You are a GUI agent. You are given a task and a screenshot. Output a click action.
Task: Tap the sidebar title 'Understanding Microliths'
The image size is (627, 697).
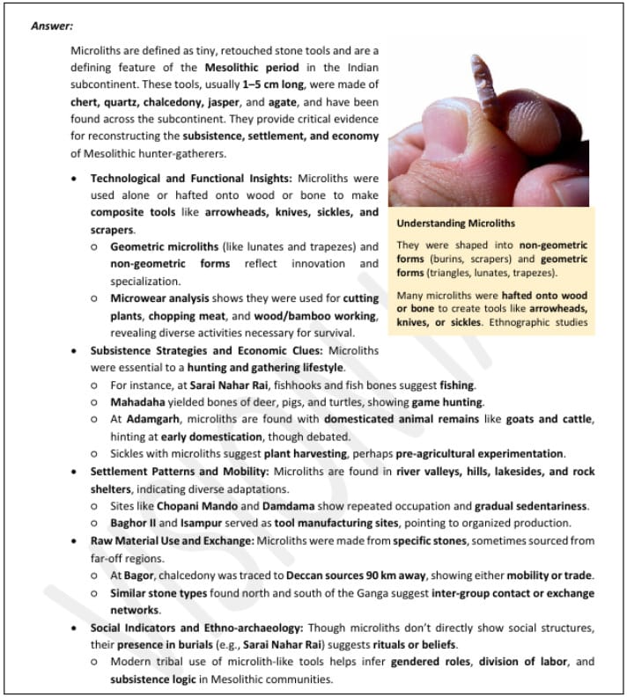(455, 224)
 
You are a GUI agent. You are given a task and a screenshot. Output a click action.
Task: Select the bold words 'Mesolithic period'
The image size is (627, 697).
(252, 68)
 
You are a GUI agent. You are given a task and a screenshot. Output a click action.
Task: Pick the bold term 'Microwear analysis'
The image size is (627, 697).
(159, 299)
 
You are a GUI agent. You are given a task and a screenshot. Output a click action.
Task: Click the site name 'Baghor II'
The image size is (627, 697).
(133, 523)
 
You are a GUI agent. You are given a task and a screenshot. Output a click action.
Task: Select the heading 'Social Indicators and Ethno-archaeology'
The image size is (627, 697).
(207, 627)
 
